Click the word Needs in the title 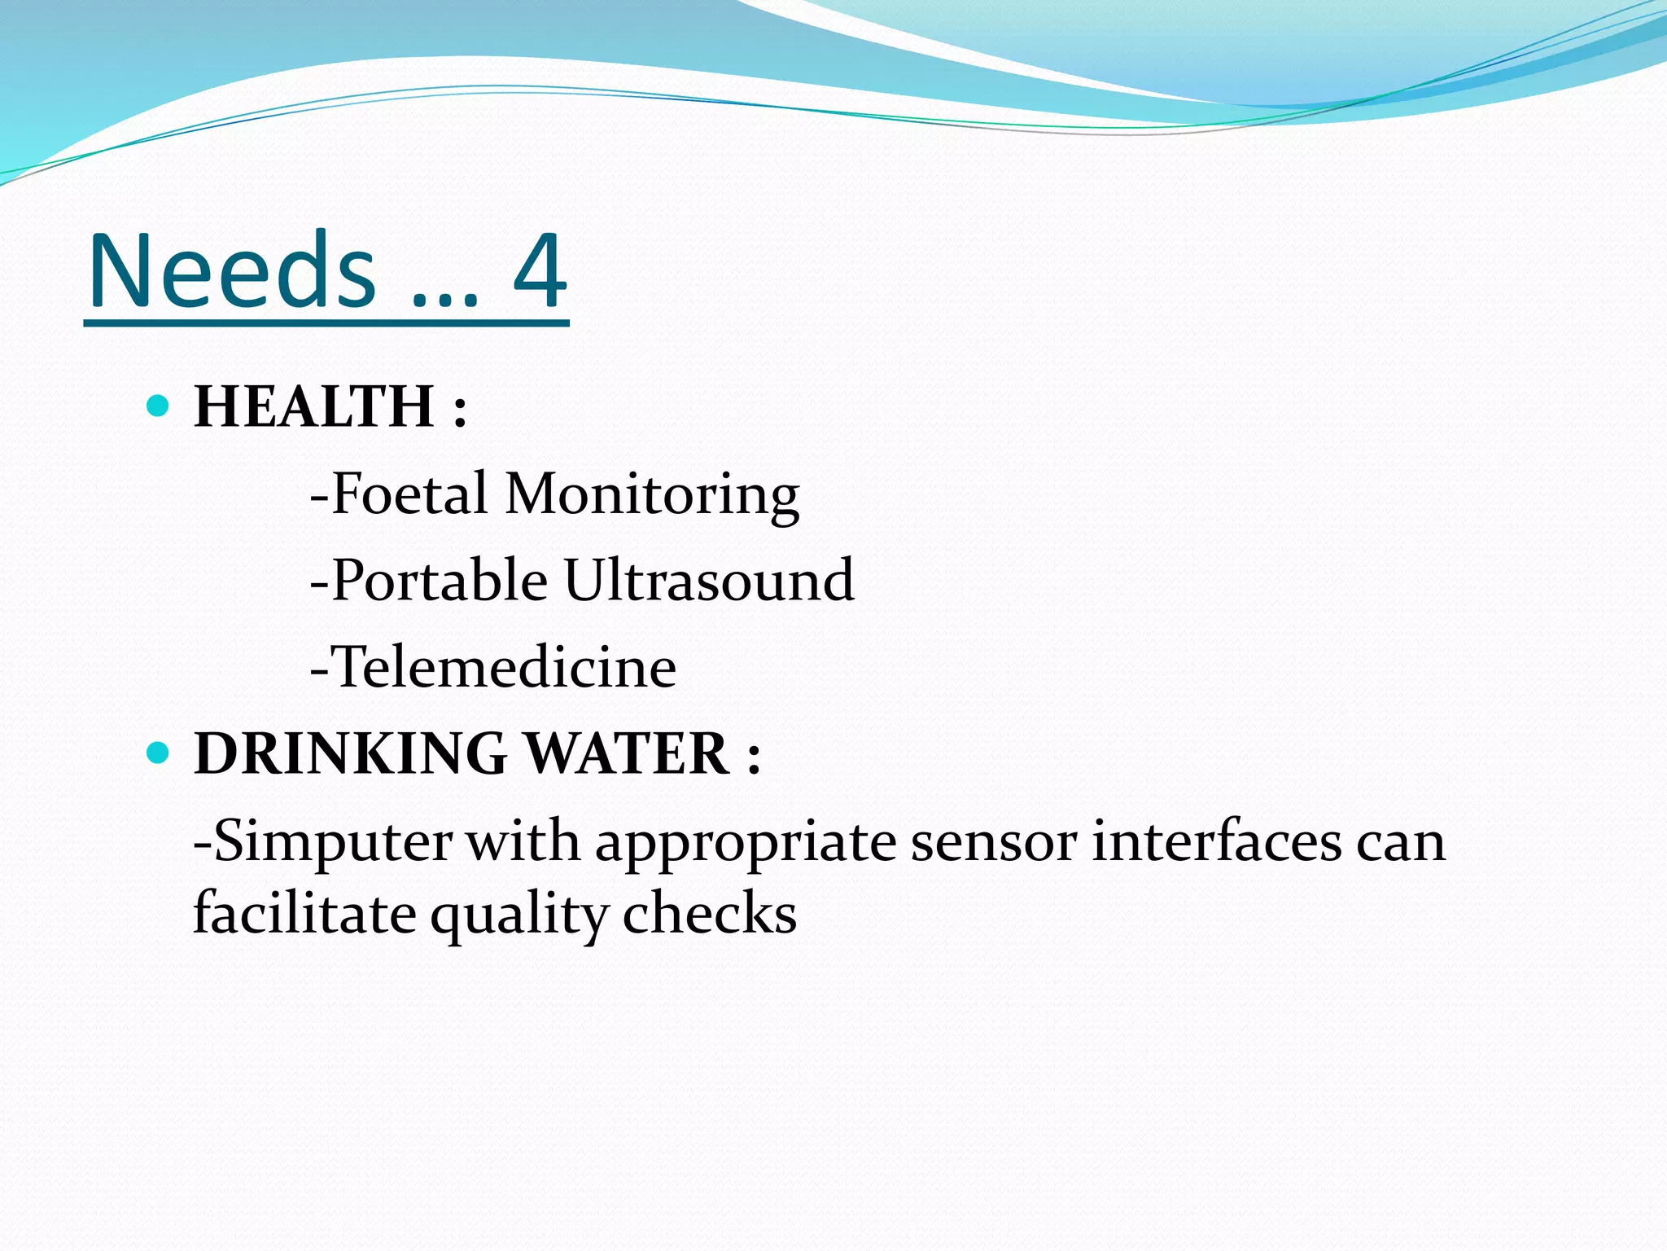[x=232, y=270]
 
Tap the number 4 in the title [x=539, y=270]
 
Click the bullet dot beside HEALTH [x=158, y=405]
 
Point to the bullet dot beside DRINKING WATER [x=158, y=753]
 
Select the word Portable [x=440, y=580]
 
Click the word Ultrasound [x=709, y=580]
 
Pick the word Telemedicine [x=504, y=667]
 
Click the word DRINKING [x=351, y=753]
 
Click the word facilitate [x=305, y=913]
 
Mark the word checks [x=709, y=913]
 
